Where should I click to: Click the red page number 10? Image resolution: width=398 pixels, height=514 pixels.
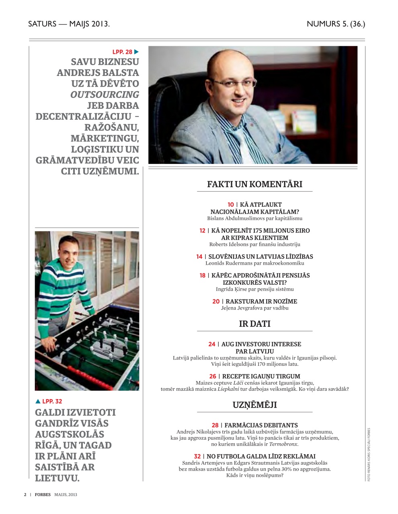[230, 204]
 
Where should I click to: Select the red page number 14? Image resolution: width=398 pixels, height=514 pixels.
[199, 257]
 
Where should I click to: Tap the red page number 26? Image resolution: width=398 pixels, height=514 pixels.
[213, 376]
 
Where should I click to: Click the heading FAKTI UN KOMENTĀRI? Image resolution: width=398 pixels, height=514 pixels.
[254, 184]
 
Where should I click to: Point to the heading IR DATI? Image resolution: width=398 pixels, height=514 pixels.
[254, 324]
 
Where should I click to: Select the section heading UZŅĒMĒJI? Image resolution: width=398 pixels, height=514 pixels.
[254, 405]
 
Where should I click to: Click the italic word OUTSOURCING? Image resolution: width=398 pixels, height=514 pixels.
[105, 95]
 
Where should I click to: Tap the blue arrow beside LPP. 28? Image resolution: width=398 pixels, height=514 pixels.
[137, 52]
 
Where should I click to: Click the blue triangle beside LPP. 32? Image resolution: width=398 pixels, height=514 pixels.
[38, 401]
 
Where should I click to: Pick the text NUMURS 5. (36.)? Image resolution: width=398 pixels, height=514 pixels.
[336, 24]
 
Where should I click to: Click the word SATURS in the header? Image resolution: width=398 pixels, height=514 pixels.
[42, 24]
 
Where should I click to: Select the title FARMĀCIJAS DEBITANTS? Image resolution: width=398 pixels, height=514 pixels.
[261, 425]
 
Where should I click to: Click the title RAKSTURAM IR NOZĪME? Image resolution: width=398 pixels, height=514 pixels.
[261, 301]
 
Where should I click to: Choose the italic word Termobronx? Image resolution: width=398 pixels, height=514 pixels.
[283, 444]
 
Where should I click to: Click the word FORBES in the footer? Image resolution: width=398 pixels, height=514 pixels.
[43, 494]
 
